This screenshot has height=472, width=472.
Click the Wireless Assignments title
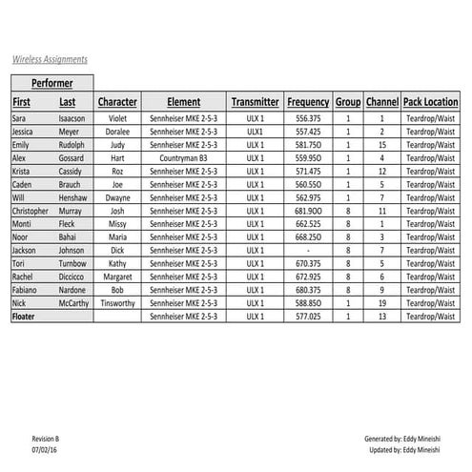click(x=50, y=58)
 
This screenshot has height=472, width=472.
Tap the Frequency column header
click(x=308, y=102)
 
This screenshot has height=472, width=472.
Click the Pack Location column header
click(x=430, y=102)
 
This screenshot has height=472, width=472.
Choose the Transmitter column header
click(x=255, y=102)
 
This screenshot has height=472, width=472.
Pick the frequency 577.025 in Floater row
click(x=308, y=317)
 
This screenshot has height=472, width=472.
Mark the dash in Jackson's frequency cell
click(x=308, y=251)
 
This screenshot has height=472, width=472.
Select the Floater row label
click(x=23, y=317)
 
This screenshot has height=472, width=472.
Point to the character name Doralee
click(x=117, y=131)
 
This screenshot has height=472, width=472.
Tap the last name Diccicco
click(x=72, y=277)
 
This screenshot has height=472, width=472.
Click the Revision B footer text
click(x=46, y=439)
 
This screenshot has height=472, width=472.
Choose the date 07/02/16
click(x=44, y=448)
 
